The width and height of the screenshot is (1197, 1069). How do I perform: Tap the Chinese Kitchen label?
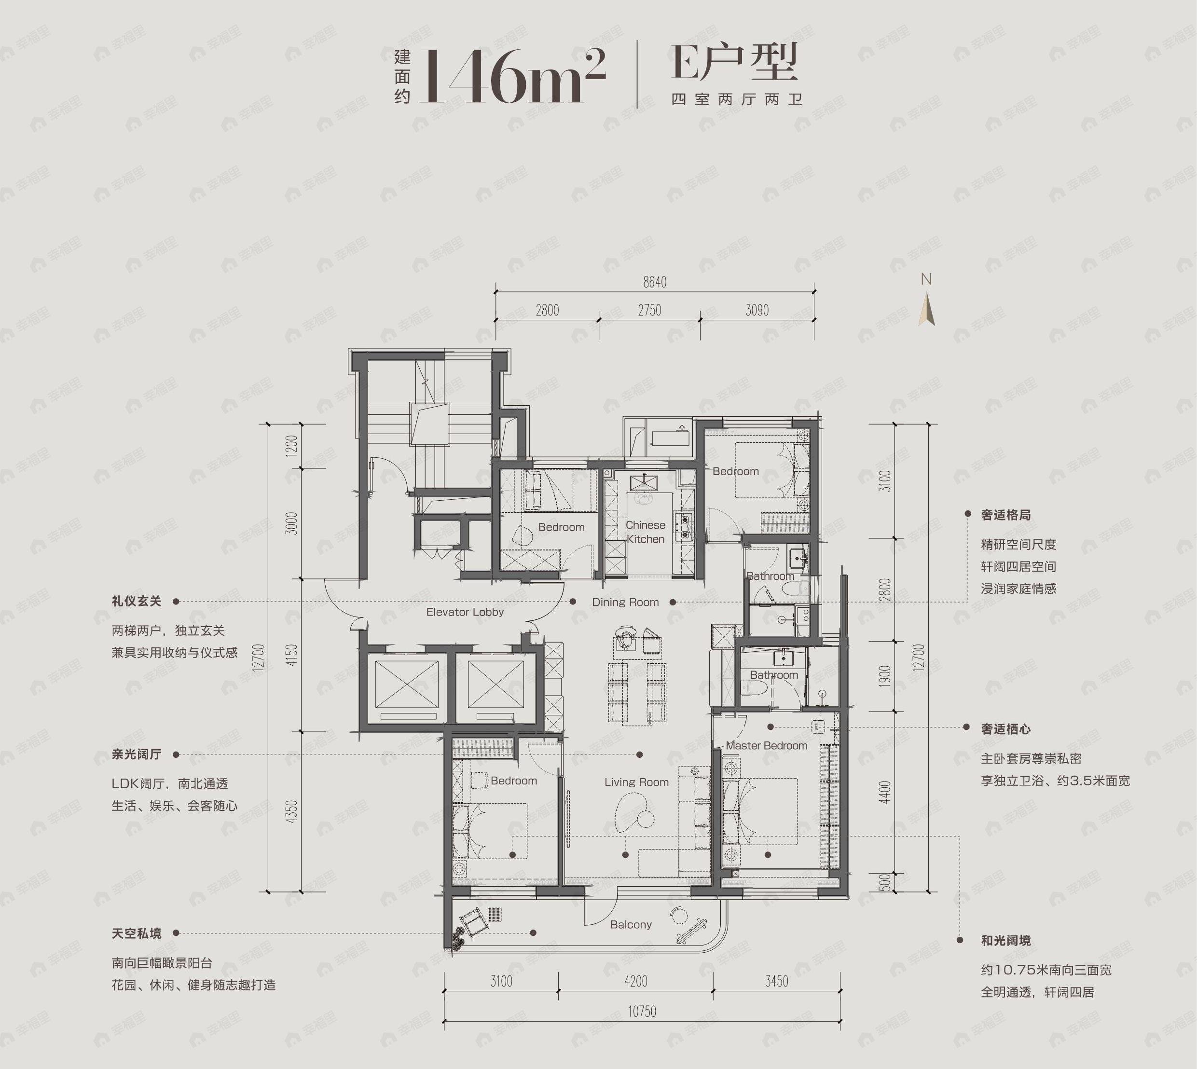[x=645, y=532]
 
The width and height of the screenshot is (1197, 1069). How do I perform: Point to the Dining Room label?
[x=625, y=602]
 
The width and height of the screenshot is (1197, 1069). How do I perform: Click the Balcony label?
[x=630, y=924]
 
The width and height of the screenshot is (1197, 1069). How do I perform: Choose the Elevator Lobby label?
[x=465, y=612]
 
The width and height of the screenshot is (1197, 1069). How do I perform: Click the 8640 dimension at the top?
[x=654, y=283]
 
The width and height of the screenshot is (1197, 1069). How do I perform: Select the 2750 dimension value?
[x=649, y=310]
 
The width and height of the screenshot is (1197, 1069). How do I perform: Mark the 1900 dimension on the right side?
[x=886, y=675]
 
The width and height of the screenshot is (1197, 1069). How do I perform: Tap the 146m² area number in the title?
[x=511, y=76]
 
